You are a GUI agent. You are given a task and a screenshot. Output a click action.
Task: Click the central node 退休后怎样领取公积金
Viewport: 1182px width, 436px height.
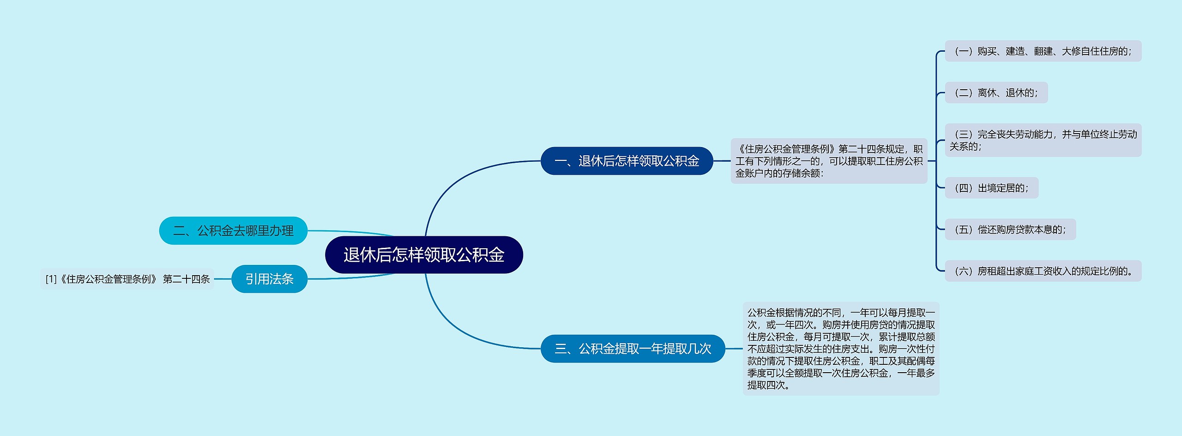(424, 255)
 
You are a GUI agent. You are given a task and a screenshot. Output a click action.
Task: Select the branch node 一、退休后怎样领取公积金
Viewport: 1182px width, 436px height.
(627, 161)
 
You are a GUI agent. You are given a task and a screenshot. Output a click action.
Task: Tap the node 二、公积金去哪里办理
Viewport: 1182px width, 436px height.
(233, 231)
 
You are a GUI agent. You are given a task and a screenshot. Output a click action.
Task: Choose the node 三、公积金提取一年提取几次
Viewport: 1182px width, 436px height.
(633, 349)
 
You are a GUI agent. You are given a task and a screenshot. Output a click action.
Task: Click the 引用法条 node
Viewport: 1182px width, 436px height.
(269, 279)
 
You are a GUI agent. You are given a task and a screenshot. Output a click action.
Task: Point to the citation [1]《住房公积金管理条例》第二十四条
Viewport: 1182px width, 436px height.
(127, 279)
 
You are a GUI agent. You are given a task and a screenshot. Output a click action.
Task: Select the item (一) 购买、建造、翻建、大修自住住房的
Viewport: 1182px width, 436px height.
(1043, 51)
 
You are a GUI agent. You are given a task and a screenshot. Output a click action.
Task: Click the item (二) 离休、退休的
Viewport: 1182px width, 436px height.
(996, 92)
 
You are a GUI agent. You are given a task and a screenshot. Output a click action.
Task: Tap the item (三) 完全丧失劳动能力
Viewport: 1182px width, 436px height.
(1043, 140)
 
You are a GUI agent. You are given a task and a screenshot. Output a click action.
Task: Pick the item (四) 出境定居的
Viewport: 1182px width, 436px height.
(991, 188)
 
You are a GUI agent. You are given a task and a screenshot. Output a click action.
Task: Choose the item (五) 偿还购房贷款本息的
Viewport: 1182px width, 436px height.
(1010, 229)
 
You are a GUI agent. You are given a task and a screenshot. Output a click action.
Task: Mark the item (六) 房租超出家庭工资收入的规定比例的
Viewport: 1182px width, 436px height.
(1043, 271)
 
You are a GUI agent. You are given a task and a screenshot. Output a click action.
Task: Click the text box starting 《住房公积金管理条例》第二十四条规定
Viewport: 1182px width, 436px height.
(829, 161)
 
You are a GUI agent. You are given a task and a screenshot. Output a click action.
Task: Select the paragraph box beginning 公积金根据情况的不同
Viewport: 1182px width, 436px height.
(841, 349)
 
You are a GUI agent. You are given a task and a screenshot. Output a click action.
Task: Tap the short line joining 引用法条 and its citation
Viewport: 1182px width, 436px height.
(223, 279)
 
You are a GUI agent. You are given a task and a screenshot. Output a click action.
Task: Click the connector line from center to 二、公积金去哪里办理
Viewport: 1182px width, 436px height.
(351, 232)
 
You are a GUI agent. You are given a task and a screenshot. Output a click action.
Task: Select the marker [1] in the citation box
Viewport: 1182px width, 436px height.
(51, 279)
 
